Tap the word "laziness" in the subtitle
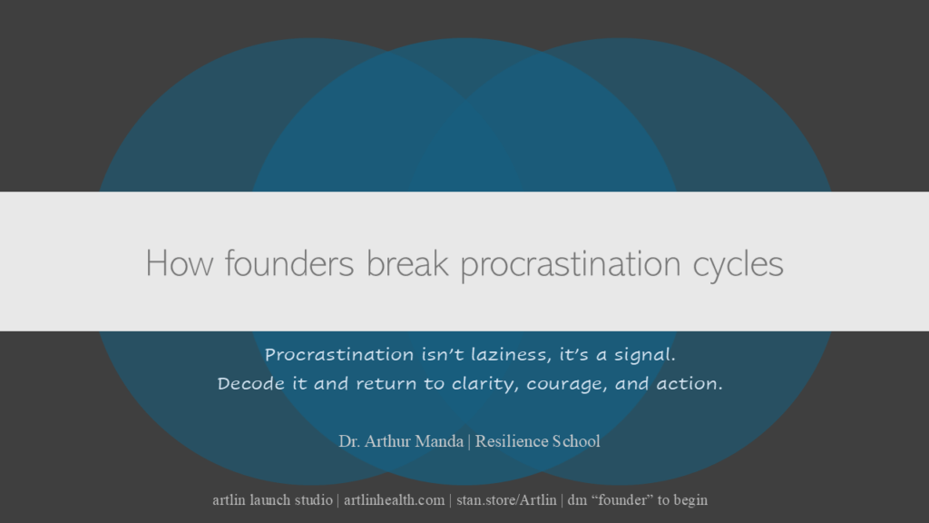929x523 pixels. point(491,353)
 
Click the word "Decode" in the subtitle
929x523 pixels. point(250,383)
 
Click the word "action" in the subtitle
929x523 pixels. point(690,383)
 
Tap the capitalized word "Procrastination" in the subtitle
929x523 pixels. point(339,353)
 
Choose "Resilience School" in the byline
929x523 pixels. point(537,442)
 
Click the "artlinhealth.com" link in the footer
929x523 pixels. point(394,500)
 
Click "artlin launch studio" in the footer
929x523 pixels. point(272,500)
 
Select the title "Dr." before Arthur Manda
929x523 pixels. point(350,442)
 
